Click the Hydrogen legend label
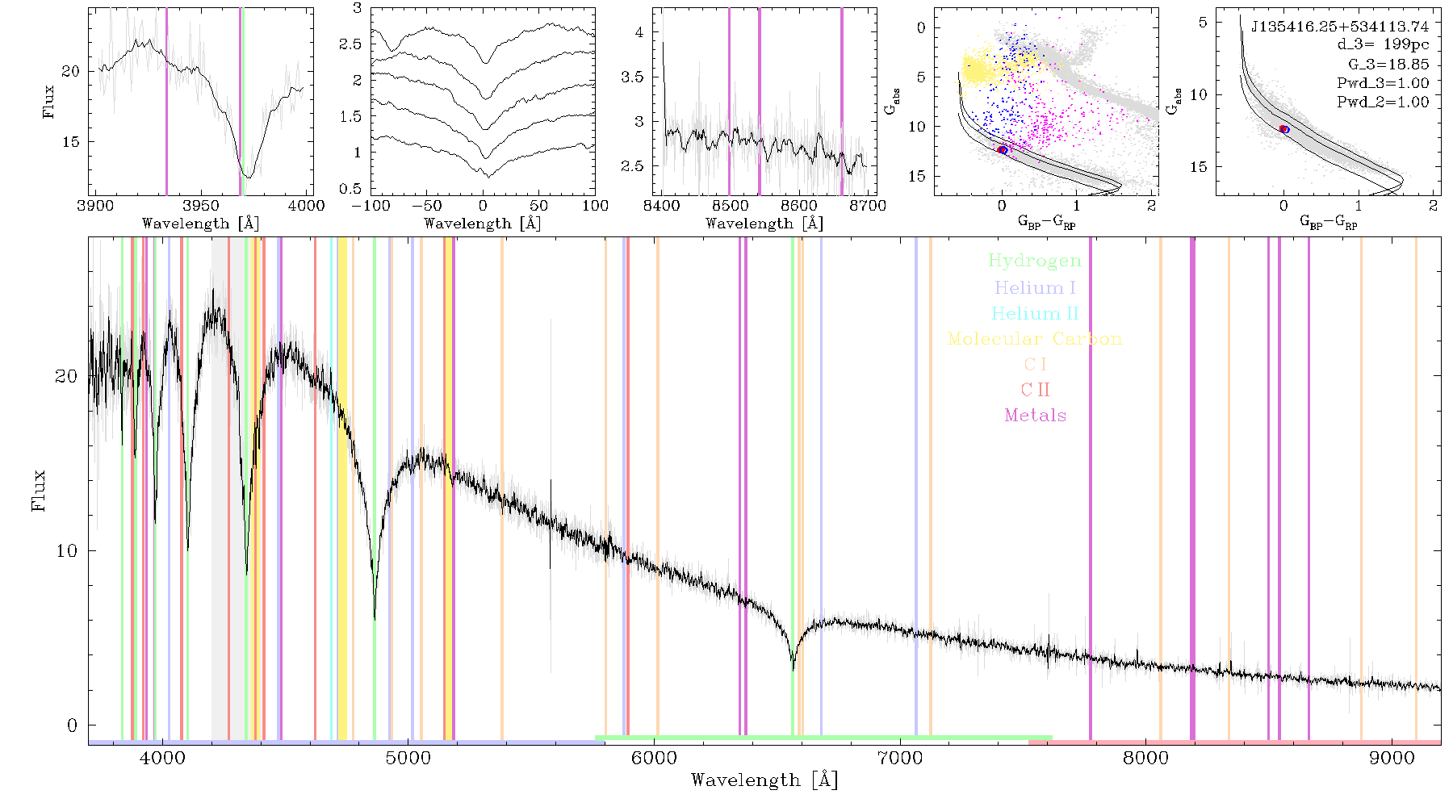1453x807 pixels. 1035,261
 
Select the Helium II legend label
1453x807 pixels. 1035,313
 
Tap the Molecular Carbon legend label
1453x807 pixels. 1035,339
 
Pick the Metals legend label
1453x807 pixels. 1036,416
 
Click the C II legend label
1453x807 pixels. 1036,390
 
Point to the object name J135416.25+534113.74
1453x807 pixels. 1340,27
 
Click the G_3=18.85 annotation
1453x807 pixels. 1388,65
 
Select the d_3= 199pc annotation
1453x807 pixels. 1383,45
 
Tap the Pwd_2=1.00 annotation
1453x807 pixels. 1383,102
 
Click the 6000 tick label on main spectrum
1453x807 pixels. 654,759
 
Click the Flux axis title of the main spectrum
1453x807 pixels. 38,490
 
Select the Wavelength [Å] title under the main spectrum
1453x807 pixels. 764,780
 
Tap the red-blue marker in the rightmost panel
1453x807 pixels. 1284,129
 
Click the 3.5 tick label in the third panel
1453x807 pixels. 633,77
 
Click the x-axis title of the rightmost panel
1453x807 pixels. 1329,222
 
